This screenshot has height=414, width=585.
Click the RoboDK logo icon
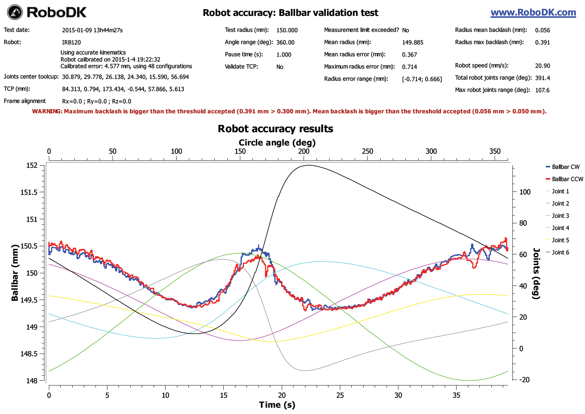coord(14,12)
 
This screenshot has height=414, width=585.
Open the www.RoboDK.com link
coord(533,13)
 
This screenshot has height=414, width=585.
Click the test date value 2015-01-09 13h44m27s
coord(92,30)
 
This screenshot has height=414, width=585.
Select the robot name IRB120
coord(71,43)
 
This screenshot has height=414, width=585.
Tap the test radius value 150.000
coord(287,30)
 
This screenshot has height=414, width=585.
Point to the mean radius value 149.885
coord(412,43)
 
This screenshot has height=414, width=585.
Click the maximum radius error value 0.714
coord(409,67)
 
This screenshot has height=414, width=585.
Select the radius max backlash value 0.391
coord(542,43)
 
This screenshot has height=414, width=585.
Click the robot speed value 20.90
coord(542,66)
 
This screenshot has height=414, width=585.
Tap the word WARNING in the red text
coord(47,111)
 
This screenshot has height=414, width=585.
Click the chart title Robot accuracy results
coord(275,129)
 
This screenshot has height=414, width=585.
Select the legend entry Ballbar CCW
coord(567,179)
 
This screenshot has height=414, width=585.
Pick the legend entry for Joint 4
coord(560,228)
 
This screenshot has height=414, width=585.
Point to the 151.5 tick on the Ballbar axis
coord(29,192)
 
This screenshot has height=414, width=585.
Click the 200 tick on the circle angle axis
coord(304,151)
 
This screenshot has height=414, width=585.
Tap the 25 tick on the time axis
coord(340,395)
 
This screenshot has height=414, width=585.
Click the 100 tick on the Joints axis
coord(525,192)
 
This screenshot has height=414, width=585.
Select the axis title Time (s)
coord(277,405)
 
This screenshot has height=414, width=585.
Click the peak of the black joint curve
coord(308,165)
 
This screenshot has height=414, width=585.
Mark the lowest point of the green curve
coord(469,380)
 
